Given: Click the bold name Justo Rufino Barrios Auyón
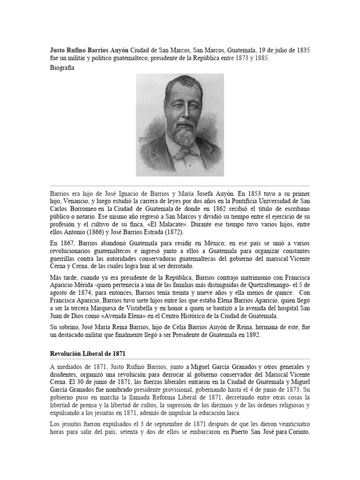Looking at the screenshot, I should pos(89,50).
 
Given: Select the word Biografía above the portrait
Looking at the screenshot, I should pos(61,67).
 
